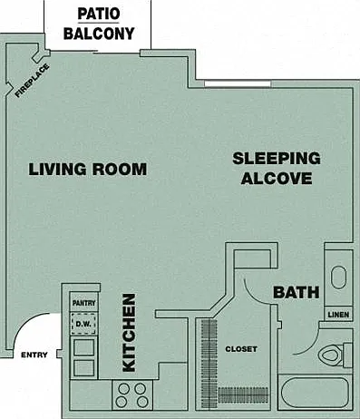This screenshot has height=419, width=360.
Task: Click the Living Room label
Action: coord(88,169)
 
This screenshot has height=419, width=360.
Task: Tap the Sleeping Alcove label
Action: coord(277,169)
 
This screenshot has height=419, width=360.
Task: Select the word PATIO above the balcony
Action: coord(99,14)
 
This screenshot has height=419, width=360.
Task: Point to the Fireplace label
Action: coord(33,81)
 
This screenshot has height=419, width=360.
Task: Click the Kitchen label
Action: coord(129,333)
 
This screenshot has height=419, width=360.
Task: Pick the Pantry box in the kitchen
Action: coord(83,302)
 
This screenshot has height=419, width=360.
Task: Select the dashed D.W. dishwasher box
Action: coord(83,324)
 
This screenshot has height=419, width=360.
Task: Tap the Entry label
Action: coord(34,355)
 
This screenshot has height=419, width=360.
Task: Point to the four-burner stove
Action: coord(132,395)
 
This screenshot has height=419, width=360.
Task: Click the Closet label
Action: coord(241,349)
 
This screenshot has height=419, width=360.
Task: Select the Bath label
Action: coord(297,292)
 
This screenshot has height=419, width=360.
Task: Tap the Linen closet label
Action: coord(338,315)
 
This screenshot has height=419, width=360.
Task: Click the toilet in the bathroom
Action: coord(335,355)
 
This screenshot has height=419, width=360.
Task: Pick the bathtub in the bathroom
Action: coord(315,393)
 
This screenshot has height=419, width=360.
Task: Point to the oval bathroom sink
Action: coord(338,278)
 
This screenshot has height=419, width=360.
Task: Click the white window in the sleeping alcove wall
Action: coord(238,83)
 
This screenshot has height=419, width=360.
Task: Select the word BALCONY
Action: coord(99,34)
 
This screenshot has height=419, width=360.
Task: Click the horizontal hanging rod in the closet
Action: coord(243,395)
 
